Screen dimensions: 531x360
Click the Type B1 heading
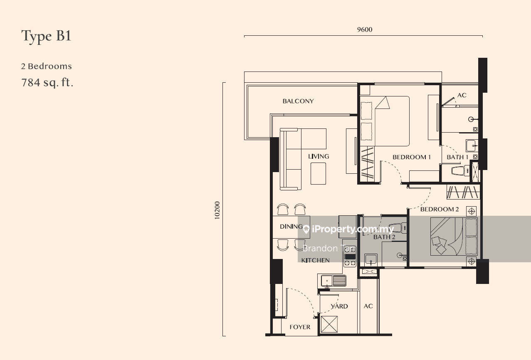(x=46, y=37)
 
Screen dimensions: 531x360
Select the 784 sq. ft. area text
(x=47, y=82)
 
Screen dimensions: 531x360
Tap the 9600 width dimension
(x=365, y=30)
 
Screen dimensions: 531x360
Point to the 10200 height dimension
(x=217, y=210)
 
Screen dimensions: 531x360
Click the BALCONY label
(x=298, y=101)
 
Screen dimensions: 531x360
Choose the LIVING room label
(x=319, y=156)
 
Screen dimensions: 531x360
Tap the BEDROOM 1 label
(x=412, y=157)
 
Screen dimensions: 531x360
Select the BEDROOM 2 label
(x=440, y=209)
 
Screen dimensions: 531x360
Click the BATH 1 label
(x=457, y=157)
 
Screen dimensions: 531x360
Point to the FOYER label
(x=300, y=327)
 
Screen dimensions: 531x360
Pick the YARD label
(x=339, y=306)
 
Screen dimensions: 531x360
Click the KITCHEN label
(x=315, y=260)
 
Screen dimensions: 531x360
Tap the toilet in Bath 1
(x=460, y=170)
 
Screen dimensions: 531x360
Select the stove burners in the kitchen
(x=350, y=256)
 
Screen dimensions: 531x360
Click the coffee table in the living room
(x=319, y=173)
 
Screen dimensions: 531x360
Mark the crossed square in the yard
(x=329, y=324)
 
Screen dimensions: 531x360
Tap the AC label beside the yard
(x=368, y=306)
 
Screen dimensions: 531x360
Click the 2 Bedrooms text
(x=47, y=67)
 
